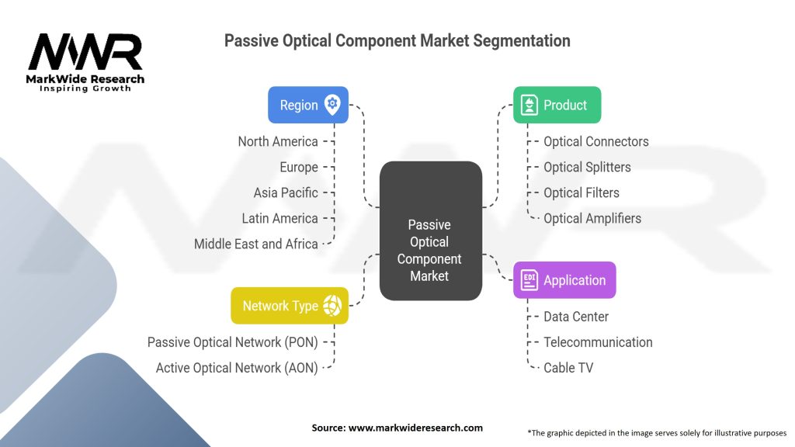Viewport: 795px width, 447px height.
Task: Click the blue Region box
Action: click(307, 105)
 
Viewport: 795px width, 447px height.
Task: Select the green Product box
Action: click(557, 105)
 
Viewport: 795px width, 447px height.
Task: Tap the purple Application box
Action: click(564, 280)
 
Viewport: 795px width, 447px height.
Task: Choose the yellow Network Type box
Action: click(290, 306)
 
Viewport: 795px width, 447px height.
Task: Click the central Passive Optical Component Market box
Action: click(429, 249)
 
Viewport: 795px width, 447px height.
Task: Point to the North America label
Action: click(278, 141)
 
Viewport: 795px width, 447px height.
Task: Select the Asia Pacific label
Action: click(286, 192)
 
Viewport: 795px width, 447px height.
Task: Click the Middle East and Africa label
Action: click(256, 244)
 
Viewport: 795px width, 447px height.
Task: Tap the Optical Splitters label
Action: click(587, 167)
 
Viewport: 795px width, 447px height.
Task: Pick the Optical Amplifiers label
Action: click(592, 218)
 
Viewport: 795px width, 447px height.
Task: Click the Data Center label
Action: click(576, 317)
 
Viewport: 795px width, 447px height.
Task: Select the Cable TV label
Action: click(568, 368)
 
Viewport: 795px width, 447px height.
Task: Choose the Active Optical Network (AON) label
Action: click(237, 368)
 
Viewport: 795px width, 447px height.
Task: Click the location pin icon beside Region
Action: click(332, 104)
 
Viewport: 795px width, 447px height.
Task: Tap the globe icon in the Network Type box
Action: click(332, 306)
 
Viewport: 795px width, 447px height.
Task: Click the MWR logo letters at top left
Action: click(85, 52)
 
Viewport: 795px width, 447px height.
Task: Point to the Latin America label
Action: click(280, 218)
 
